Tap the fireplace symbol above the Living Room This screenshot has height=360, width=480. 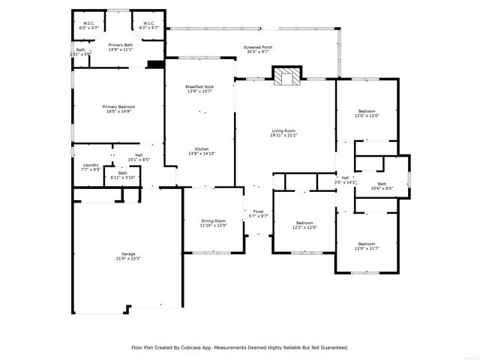coord(285,76)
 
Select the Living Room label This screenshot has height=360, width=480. coord(283,133)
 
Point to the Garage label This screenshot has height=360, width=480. coord(128,256)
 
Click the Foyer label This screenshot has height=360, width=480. coord(258,213)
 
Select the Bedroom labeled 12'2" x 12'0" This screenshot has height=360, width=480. coord(304,224)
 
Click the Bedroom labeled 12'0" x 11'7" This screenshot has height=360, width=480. coord(366,245)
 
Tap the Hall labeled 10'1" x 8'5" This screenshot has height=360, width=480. coord(139,157)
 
